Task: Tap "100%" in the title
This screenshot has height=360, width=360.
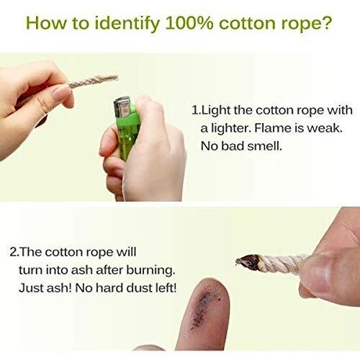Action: (x=189, y=23)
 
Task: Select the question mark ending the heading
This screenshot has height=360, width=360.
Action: (x=325, y=23)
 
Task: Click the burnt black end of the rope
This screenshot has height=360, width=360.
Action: (x=248, y=262)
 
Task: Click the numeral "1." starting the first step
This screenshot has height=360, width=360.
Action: (x=195, y=110)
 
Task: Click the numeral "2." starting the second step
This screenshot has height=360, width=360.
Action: (x=14, y=253)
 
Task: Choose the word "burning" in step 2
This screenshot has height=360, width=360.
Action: (x=150, y=271)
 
